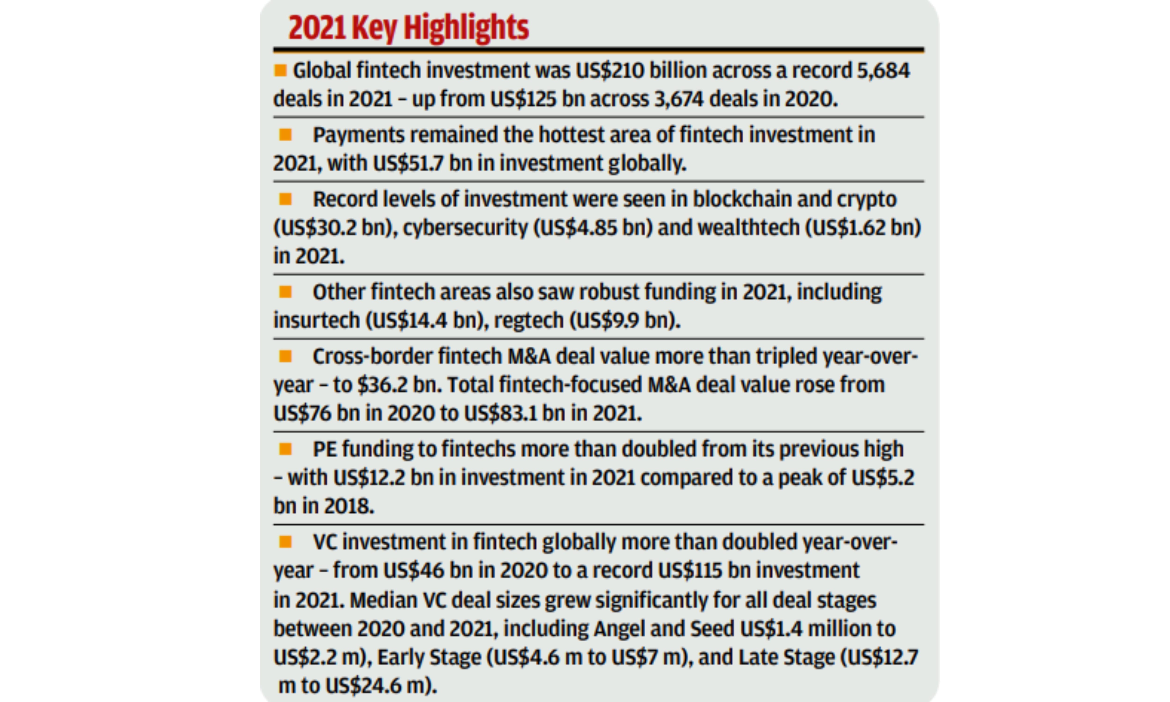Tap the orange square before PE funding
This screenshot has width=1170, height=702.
tap(285, 449)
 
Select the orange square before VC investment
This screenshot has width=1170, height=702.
tap(285, 542)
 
